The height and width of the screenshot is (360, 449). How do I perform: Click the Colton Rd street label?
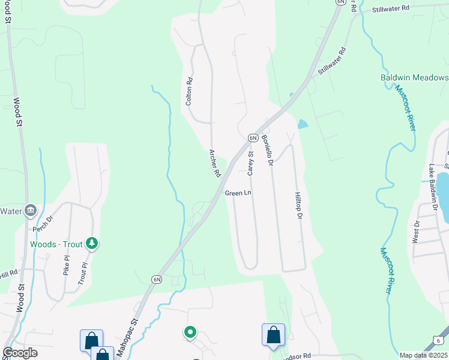point(189,92)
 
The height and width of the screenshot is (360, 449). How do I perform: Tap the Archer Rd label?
point(214,163)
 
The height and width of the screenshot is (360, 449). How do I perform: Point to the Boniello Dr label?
point(267,150)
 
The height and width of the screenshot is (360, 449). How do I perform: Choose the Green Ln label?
point(238,193)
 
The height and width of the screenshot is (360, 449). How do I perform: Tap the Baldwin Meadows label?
point(414,78)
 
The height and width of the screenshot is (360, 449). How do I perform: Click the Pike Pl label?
point(67,265)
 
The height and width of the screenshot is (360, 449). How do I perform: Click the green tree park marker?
point(92,243)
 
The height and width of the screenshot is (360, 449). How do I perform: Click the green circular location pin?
point(190,331)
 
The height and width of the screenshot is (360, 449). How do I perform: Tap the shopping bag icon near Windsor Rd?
point(273,334)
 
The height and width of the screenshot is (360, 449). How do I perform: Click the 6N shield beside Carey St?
point(253,138)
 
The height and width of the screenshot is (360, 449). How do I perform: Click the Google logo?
point(20,353)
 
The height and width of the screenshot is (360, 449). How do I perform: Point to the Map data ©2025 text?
point(423,355)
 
